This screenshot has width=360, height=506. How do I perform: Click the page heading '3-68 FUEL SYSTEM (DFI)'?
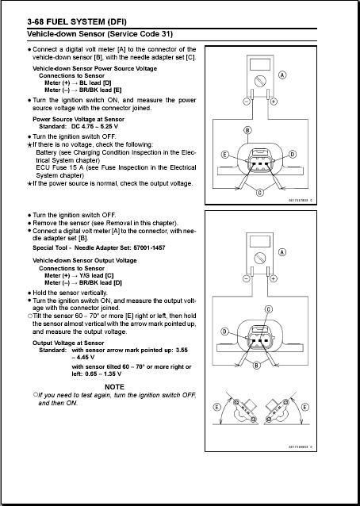pos(77,21)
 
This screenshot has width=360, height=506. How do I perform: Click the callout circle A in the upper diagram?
pos(282,75)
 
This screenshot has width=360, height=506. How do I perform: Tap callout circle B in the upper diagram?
pos(247,131)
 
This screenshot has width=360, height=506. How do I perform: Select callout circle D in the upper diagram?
pos(293,154)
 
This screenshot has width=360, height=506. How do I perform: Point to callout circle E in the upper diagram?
pos(225,155)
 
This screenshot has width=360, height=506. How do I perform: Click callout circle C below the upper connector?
pos(260,193)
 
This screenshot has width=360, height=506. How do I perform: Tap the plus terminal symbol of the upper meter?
pos(274,102)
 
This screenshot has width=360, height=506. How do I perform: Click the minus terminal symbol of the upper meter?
pos(246,102)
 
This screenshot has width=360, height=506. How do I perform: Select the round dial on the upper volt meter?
pos(259,80)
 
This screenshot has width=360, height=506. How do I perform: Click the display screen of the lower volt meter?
pos(259,242)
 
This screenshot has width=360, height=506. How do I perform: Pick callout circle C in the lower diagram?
pos(268,309)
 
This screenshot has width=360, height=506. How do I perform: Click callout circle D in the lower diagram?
pos(225,332)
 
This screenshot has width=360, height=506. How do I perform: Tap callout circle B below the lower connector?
pos(256,366)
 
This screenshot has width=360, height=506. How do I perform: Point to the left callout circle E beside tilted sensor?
pos(217,407)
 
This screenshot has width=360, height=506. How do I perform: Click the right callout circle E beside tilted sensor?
pos(304,407)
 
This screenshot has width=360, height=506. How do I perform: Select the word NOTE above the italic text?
pos(114,386)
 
